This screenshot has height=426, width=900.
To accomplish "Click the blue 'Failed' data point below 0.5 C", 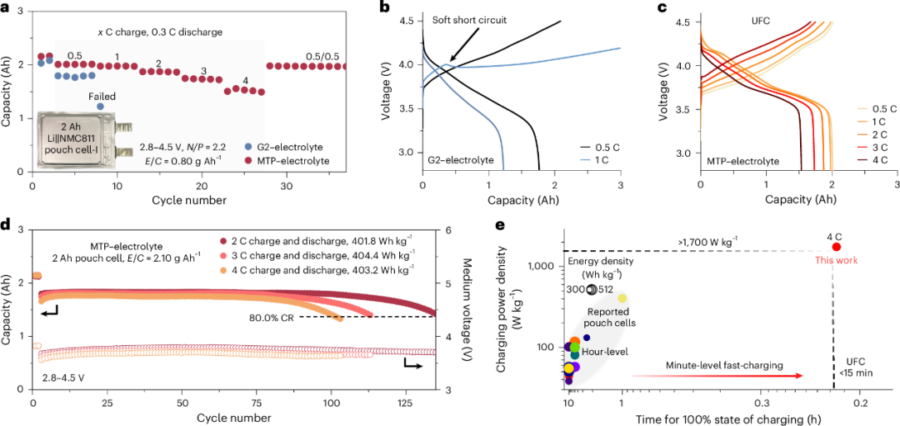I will pyautogui.click(x=101, y=107).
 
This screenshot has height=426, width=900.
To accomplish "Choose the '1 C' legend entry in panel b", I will pyautogui.click(x=605, y=158).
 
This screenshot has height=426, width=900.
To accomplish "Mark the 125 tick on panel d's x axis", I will pyautogui.click(x=403, y=403).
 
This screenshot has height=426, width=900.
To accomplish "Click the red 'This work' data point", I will pyautogui.click(x=836, y=247).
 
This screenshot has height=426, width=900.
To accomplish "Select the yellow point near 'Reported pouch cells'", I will pyautogui.click(x=622, y=298).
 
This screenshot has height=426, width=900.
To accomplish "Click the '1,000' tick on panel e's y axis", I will pyautogui.click(x=546, y=266).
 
